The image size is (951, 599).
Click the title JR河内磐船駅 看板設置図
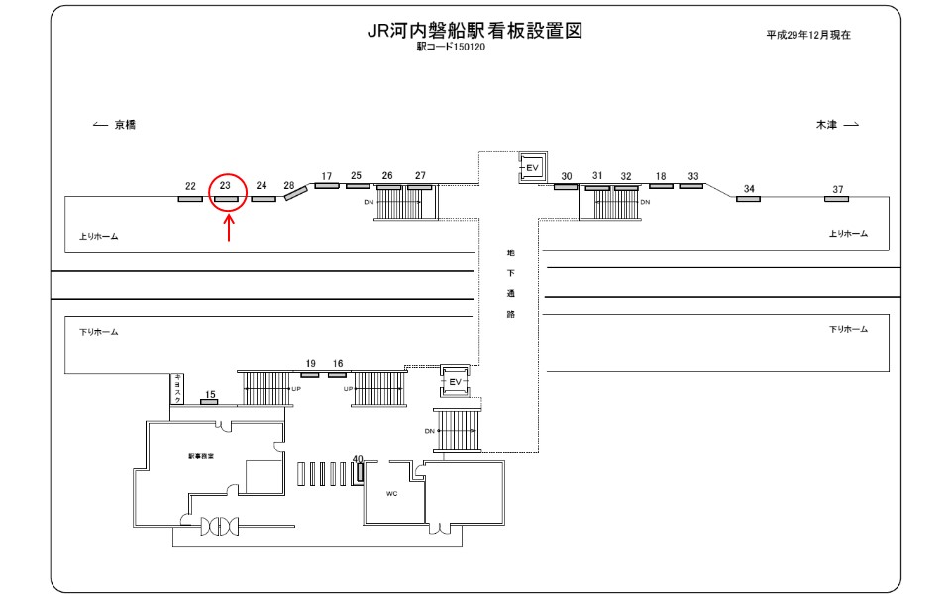pyautogui.click(x=474, y=31)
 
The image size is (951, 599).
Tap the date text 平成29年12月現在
pyautogui.click(x=808, y=34)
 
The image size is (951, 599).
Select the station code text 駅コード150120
pyautogui.click(x=452, y=47)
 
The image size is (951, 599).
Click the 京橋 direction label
pyautogui.click(x=124, y=125)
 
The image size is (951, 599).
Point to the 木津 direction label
pyautogui.click(x=826, y=125)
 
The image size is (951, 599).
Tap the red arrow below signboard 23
pyautogui.click(x=229, y=229)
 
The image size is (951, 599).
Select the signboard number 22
pyautogui.click(x=190, y=185)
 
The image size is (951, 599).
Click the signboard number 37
pyautogui.click(x=838, y=189)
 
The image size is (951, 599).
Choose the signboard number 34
pyautogui.click(x=749, y=189)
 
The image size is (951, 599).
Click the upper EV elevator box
pyautogui.click(x=531, y=168)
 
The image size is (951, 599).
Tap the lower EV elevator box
pyautogui.click(x=456, y=380)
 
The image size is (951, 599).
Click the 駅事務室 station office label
pyautogui.click(x=201, y=456)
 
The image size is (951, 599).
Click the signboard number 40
pyautogui.click(x=358, y=458)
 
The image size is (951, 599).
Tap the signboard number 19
pyautogui.click(x=310, y=364)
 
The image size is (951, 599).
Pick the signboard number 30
pyautogui.click(x=567, y=176)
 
